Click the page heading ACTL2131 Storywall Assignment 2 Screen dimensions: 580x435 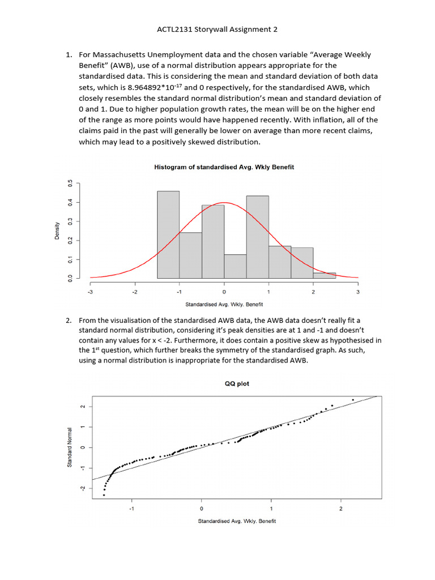pyautogui.click(x=217, y=29)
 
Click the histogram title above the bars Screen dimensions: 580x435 pyautogui.click(x=224, y=167)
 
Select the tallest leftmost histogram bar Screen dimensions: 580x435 pyautogui.click(x=168, y=234)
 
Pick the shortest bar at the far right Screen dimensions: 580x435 pyautogui.click(x=324, y=275)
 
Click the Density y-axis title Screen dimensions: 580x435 pyautogui.click(x=57, y=231)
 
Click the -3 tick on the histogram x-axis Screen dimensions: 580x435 pyautogui.click(x=90, y=292)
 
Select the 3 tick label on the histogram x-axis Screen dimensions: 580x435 pyautogui.click(x=358, y=292)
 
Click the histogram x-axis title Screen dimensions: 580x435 pyautogui.click(x=224, y=305)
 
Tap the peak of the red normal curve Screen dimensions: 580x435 pyautogui.click(x=224, y=203)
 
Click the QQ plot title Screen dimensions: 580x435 pyautogui.click(x=237, y=384)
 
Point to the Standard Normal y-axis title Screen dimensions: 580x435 pyautogui.click(x=69, y=447)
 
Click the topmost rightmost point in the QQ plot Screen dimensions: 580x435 pyautogui.click(x=353, y=400)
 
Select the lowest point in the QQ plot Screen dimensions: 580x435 pyautogui.click(x=104, y=495)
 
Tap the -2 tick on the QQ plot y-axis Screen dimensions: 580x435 pyautogui.click(x=82, y=488)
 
